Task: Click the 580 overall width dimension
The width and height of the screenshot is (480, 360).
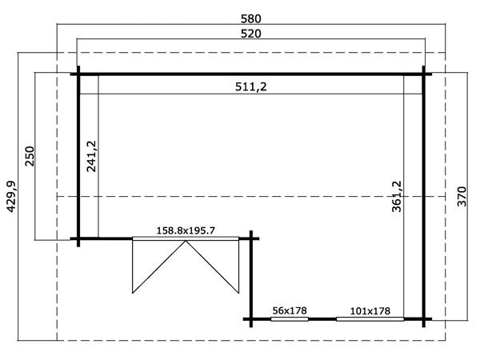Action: click(x=250, y=19)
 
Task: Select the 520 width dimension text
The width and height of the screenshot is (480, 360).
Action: click(x=250, y=34)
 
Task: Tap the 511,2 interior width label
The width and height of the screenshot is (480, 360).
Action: click(x=250, y=87)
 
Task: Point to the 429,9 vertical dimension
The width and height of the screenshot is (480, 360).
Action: click(x=11, y=197)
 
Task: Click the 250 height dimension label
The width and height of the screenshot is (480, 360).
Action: click(x=30, y=156)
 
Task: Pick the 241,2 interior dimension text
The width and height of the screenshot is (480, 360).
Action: click(x=91, y=156)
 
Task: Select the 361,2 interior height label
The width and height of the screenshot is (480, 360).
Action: click(x=397, y=196)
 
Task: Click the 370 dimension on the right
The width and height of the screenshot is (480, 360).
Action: click(x=462, y=196)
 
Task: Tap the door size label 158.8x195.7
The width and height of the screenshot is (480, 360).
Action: click(x=186, y=230)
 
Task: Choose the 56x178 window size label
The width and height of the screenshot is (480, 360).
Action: click(x=290, y=310)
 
